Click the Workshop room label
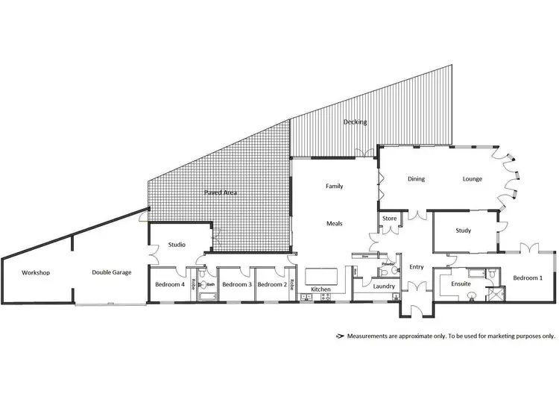tap(36, 273)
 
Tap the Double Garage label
tap(112, 273)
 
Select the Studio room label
tap(177, 245)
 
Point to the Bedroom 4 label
tap(170, 284)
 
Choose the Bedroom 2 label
tap(271, 284)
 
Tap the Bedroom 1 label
tap(528, 278)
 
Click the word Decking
tap(355, 122)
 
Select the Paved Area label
tap(221, 192)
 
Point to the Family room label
tap(334, 186)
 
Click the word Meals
tap(334, 223)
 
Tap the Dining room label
tap(416, 179)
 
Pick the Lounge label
tap(473, 179)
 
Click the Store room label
tap(389, 219)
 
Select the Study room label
tap(463, 231)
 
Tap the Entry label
tap(416, 267)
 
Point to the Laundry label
tap(384, 286)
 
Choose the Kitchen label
tap(320, 289)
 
